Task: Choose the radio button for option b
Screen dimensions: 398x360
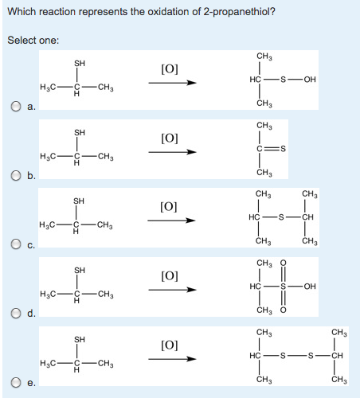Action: click(x=12, y=176)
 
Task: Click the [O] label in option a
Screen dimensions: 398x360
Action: click(x=170, y=68)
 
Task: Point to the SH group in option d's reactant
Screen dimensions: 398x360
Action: click(x=79, y=270)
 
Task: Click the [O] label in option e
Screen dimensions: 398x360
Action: click(x=170, y=345)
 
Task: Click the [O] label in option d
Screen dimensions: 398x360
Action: click(x=170, y=276)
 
